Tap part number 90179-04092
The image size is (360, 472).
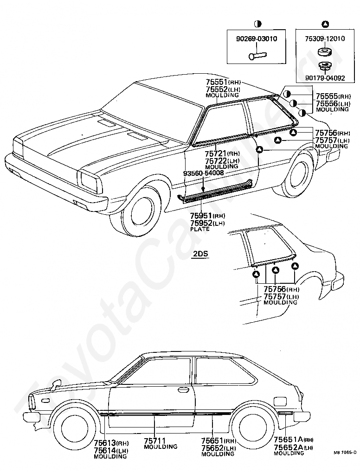click(x=325, y=78)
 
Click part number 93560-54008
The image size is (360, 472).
click(x=203, y=173)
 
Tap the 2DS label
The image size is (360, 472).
click(x=201, y=254)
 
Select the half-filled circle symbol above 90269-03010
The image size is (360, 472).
click(x=257, y=24)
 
